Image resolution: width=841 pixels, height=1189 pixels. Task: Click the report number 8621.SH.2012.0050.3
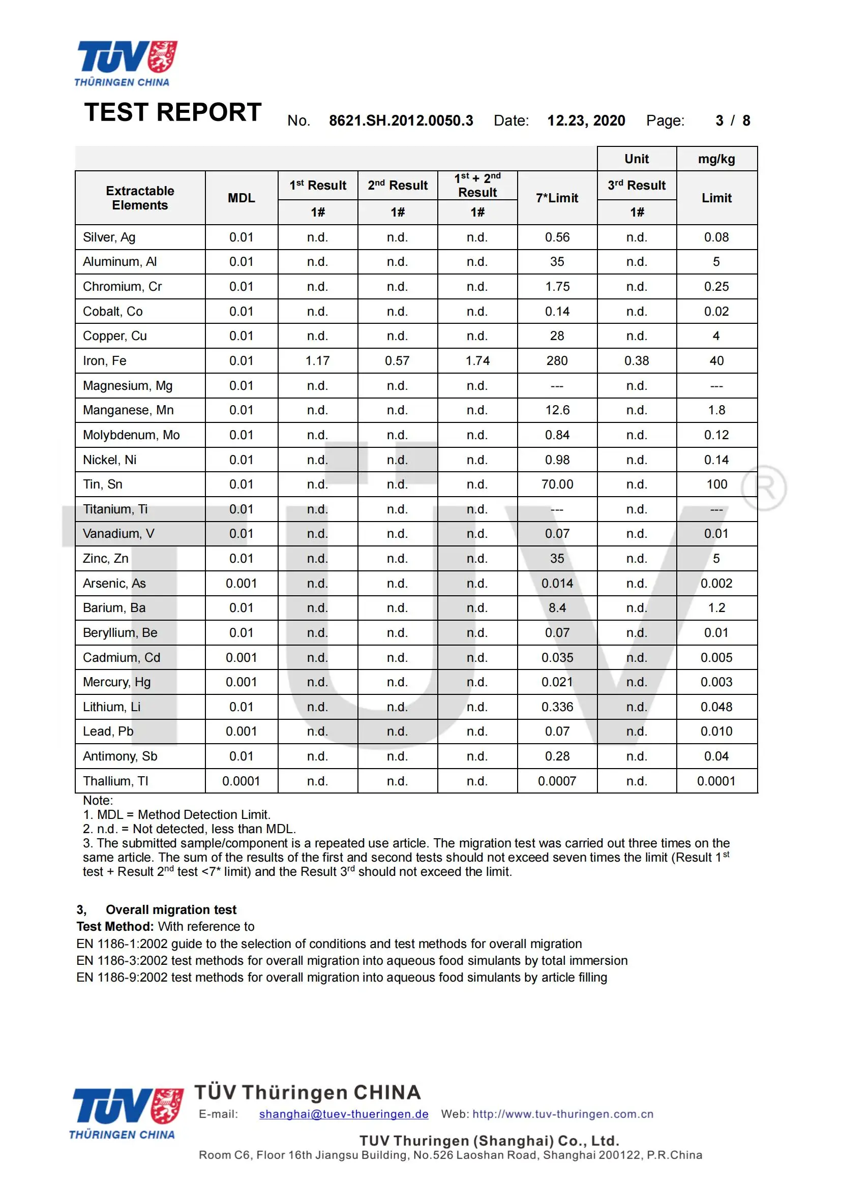coord(401,120)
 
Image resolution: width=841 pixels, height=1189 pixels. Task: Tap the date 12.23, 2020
coord(586,120)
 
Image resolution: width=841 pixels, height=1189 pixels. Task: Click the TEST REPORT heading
coord(173,112)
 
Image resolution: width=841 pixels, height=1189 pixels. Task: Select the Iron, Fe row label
coord(105,361)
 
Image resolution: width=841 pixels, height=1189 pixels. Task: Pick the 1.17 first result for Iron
coord(317,361)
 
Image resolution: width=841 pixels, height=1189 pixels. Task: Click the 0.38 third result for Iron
coord(637,361)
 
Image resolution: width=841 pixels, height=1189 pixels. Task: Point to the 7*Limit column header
coord(557,198)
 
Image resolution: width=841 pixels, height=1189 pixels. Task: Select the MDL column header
coord(242,198)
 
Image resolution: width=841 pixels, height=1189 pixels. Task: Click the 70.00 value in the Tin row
coord(557,484)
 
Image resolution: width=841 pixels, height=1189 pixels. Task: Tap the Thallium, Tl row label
coord(115,781)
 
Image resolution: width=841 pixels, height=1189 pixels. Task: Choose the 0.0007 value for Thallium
coord(557,781)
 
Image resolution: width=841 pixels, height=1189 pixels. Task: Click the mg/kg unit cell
coord(716,159)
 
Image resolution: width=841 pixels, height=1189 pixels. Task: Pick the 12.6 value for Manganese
coord(557,410)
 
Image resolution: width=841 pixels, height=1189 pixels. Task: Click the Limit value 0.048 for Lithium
coord(716,707)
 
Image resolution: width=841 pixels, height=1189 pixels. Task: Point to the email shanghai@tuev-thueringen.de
coord(344,1114)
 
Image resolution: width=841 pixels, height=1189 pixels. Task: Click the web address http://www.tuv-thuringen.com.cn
coord(563,1114)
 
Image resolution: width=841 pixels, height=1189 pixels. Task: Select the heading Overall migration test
coord(171,910)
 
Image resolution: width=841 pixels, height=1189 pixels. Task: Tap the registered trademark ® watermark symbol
coord(764,488)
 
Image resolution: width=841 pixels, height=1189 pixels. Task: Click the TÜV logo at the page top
coord(127,63)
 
